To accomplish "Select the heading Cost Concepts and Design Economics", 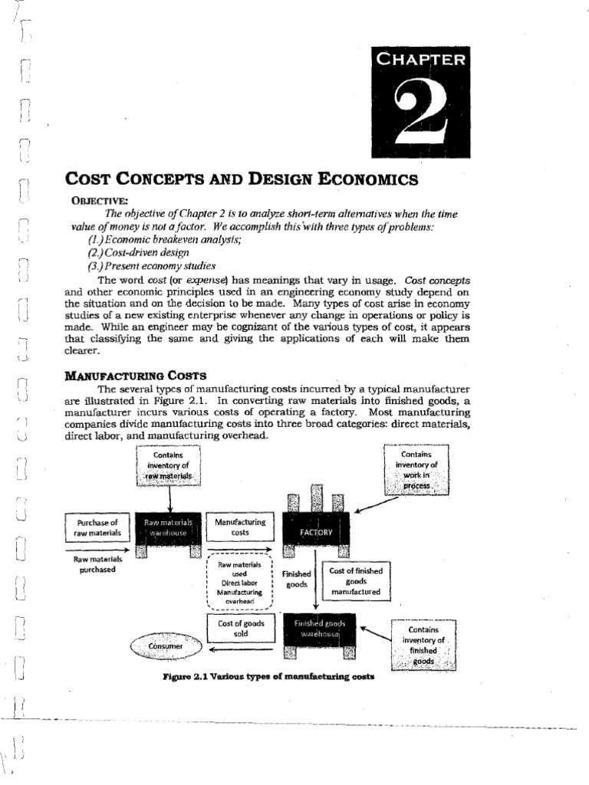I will click(x=242, y=179).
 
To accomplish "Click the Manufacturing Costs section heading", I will click(x=136, y=375).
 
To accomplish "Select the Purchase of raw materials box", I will click(x=97, y=527).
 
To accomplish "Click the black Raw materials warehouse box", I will click(x=168, y=527).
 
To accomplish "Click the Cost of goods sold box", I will click(x=242, y=629).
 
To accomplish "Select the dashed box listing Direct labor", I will click(x=240, y=583).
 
